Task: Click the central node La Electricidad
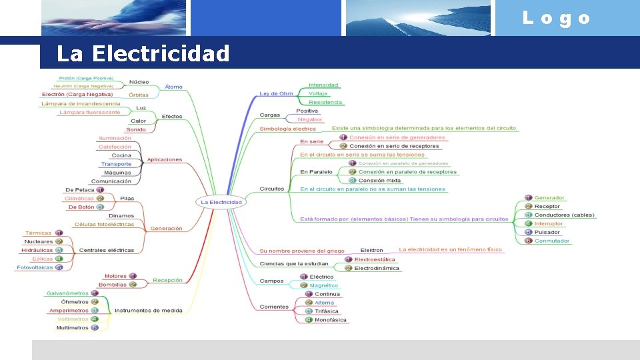(x=222, y=202)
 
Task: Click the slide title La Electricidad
(x=143, y=53)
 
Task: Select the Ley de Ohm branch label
(x=276, y=93)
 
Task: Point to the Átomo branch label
(x=173, y=87)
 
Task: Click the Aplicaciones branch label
(x=165, y=159)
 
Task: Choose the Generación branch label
(x=166, y=228)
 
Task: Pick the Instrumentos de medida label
(x=148, y=310)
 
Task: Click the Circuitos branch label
(x=271, y=189)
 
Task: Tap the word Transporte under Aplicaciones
(x=116, y=164)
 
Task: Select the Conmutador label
(x=552, y=241)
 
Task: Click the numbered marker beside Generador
(x=528, y=198)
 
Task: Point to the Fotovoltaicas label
(x=35, y=267)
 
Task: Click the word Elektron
(x=371, y=251)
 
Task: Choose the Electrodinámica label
(x=377, y=268)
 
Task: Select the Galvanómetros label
(x=67, y=293)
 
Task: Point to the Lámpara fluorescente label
(x=89, y=112)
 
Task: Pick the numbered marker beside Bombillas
(x=132, y=285)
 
